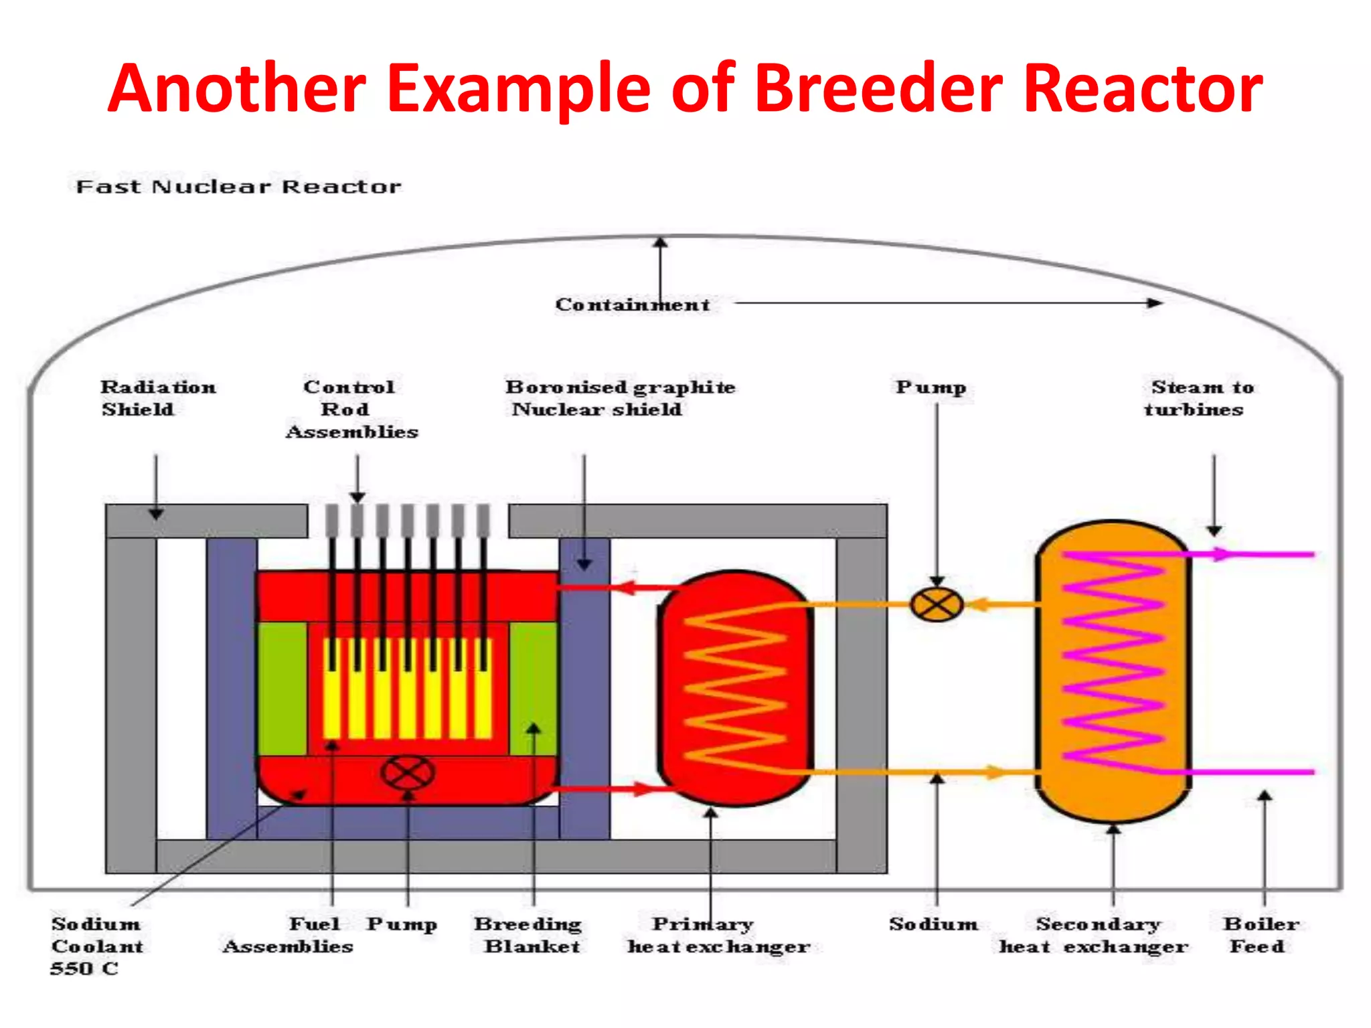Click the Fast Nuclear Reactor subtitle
click(238, 187)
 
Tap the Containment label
click(632, 305)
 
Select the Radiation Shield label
click(157, 398)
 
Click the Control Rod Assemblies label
click(351, 409)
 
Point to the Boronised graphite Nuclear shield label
click(619, 398)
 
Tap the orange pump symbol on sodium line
click(937, 605)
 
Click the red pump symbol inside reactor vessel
click(407, 773)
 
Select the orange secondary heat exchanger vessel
click(1113, 669)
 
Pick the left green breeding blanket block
click(282, 688)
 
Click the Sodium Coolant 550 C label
click(96, 946)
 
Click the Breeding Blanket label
click(529, 935)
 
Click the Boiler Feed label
click(1260, 935)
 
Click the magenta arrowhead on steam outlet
click(1222, 554)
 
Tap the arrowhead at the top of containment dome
click(660, 242)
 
